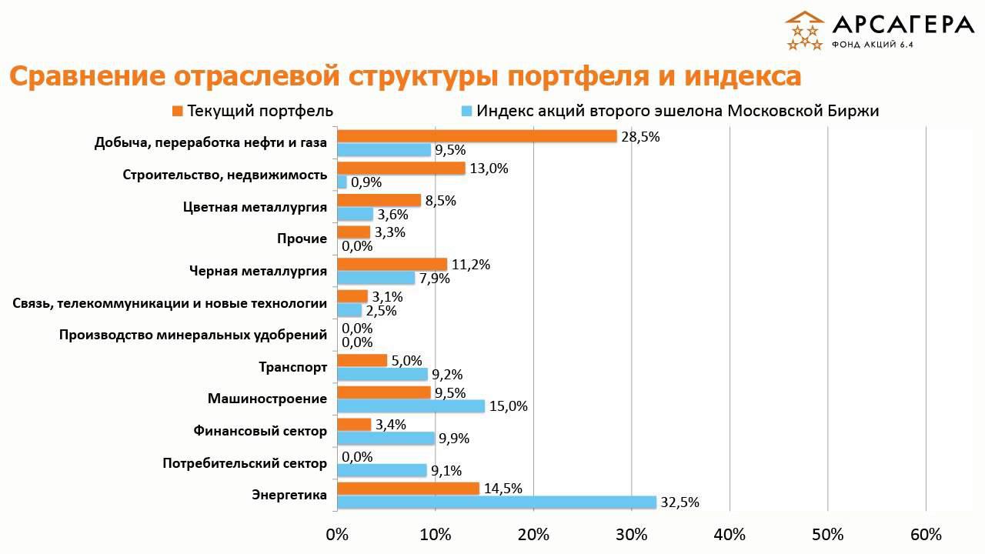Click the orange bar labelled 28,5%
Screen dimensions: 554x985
tap(477, 136)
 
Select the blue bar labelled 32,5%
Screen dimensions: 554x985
tap(496, 502)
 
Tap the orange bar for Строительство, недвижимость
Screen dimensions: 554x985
tap(401, 169)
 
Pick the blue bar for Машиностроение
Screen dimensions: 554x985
tap(411, 406)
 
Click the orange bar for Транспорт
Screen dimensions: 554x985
tap(362, 360)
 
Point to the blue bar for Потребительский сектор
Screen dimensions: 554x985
tap(382, 470)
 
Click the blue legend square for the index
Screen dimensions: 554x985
tap(466, 111)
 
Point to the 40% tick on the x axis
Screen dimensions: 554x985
tap(730, 535)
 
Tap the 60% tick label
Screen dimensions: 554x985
tap(926, 535)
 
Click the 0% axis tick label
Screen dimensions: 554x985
tap(337, 535)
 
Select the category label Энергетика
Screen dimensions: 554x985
tap(289, 495)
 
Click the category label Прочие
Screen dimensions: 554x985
tap(302, 239)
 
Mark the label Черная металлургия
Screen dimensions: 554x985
tap(258, 271)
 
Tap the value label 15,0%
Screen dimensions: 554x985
tap(509, 406)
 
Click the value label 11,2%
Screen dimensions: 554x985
tap(471, 265)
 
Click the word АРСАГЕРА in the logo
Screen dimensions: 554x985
tap(903, 25)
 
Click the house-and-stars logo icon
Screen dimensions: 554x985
tap(804, 31)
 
